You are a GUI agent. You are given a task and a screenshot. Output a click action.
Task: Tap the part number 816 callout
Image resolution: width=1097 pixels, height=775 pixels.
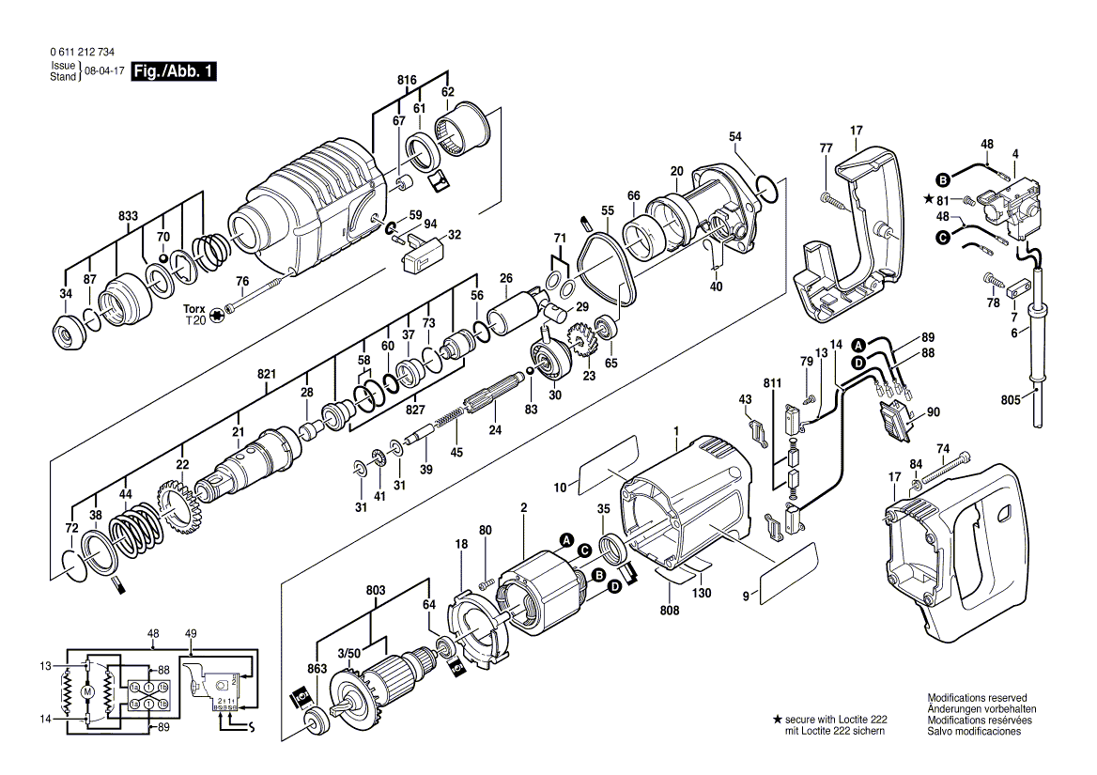[406, 81]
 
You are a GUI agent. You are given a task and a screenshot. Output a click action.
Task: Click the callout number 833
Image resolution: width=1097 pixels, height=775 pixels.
[129, 216]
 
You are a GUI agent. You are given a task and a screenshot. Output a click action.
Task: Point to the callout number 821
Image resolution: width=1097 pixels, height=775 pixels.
[267, 375]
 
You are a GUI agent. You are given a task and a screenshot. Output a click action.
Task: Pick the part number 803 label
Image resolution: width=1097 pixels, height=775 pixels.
[376, 590]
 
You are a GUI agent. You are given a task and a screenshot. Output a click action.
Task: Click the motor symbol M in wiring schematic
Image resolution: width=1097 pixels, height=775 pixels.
[87, 692]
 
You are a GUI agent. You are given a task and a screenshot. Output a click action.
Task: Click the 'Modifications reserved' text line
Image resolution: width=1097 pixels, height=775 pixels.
[977, 698]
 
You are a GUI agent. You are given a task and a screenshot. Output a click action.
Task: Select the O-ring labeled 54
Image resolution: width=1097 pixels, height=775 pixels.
[765, 191]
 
